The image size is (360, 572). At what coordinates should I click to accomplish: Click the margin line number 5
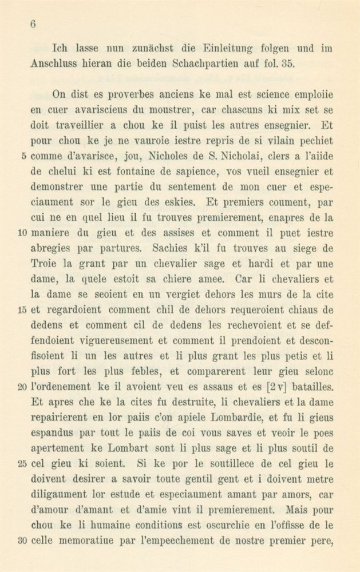22,154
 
